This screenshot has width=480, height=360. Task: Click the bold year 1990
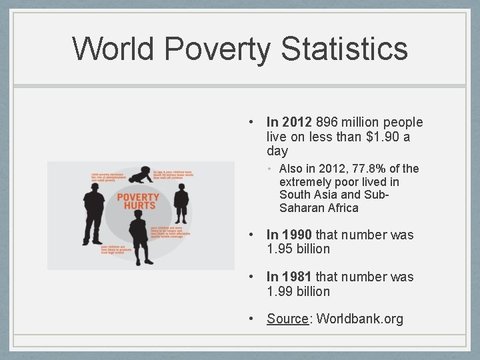pos(296,235)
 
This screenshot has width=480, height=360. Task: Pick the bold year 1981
pos(296,277)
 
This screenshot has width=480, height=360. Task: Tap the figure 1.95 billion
pos(298,249)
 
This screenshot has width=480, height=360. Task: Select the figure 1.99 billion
pos(298,291)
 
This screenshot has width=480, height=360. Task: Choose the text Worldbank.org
pos(360,319)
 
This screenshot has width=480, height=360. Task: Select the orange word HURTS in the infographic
pos(139,206)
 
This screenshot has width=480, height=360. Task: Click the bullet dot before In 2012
pos(249,123)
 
